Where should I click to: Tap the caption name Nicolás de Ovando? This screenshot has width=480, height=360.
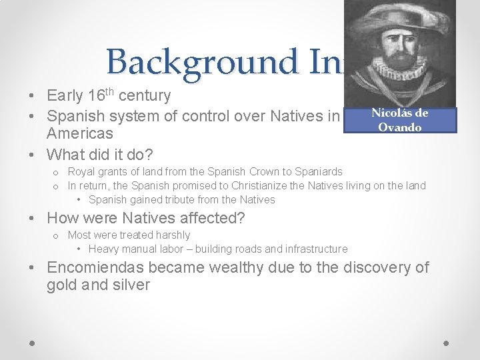click(399, 120)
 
